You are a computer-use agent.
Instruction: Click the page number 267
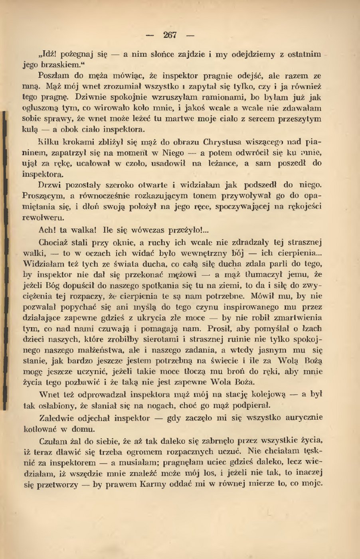[x=170, y=35]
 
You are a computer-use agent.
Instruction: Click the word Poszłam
[x=53, y=75]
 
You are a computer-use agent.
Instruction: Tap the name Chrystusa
[x=225, y=142]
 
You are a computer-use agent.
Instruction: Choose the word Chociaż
[x=55, y=243]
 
